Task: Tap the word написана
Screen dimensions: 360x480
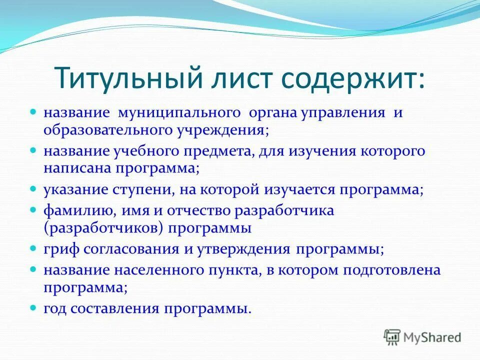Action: pyautogui.click(x=77, y=168)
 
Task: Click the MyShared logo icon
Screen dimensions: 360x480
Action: pyautogui.click(x=392, y=337)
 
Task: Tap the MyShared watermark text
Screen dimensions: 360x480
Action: pyautogui.click(x=432, y=337)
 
